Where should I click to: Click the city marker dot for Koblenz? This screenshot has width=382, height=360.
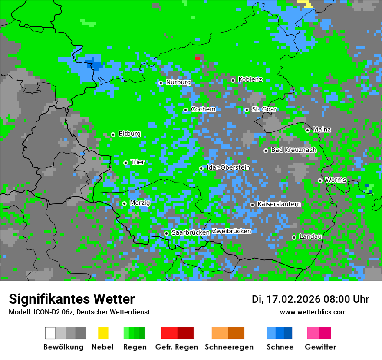[x=233, y=80]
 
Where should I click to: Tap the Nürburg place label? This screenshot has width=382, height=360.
[x=178, y=82]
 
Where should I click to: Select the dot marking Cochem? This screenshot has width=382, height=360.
[x=185, y=110]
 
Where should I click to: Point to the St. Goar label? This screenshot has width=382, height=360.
[x=264, y=109]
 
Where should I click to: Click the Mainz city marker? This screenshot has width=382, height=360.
[x=307, y=130]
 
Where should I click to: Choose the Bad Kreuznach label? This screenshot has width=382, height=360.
[x=293, y=150]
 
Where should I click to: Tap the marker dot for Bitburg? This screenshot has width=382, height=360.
[x=113, y=134]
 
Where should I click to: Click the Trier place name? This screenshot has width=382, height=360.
[x=138, y=162]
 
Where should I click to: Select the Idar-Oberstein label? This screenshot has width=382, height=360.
[x=228, y=168]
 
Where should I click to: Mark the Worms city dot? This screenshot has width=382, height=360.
[x=320, y=180]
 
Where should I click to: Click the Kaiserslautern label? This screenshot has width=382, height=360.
[x=279, y=204]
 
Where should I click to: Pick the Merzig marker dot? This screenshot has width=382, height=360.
[x=124, y=203]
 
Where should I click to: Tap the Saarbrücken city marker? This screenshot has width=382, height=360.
[x=166, y=233]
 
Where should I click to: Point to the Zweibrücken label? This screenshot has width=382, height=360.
[x=231, y=231]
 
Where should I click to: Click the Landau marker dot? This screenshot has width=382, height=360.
[x=294, y=237]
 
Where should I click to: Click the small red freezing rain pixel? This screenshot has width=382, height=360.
[x=198, y=58]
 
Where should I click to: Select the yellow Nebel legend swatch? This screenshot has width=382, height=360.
[x=103, y=333]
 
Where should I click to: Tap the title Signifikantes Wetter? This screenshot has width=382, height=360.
[x=72, y=299]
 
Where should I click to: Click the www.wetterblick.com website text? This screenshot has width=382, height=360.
[x=313, y=312]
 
